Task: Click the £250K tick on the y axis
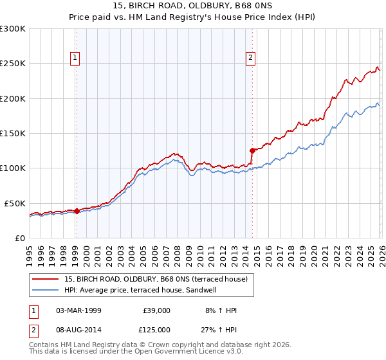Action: click(x=14, y=64)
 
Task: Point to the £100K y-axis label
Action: click(x=14, y=168)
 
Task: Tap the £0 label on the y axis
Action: click(x=20, y=238)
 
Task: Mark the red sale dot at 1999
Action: click(x=77, y=210)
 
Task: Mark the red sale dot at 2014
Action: click(x=252, y=150)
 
